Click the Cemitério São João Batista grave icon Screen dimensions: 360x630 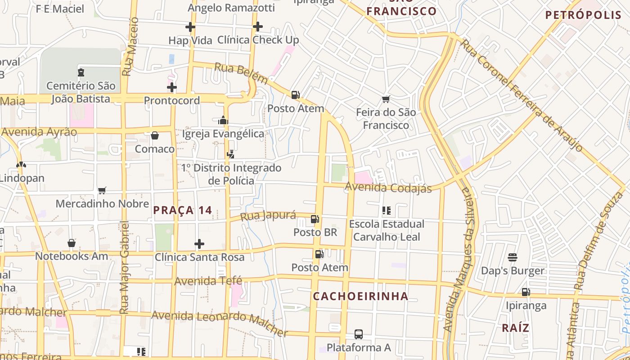tap(81, 72)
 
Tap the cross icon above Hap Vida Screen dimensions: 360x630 tap(190, 27)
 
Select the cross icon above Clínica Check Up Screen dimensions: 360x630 tap(257, 27)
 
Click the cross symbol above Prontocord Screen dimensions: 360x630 tap(171, 87)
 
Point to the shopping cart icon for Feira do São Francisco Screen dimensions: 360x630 tap(386, 99)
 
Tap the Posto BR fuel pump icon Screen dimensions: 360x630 tap(315, 219)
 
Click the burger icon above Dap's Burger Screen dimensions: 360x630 tap(513, 257)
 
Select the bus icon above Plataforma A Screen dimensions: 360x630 tap(358, 334)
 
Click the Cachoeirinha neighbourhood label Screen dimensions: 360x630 tap(360, 296)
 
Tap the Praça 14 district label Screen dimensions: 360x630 tap(182, 210)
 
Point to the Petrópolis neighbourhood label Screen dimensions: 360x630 tap(583, 15)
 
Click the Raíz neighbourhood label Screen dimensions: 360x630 tap(515, 328)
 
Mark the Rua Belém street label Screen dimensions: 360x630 tap(241, 73)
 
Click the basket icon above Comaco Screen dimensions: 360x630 tap(155, 135)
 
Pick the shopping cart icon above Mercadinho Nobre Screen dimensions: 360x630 tap(102, 190)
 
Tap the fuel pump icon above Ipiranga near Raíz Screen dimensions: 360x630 tap(526, 292)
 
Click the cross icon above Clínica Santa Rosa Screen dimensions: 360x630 tap(199, 244)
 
